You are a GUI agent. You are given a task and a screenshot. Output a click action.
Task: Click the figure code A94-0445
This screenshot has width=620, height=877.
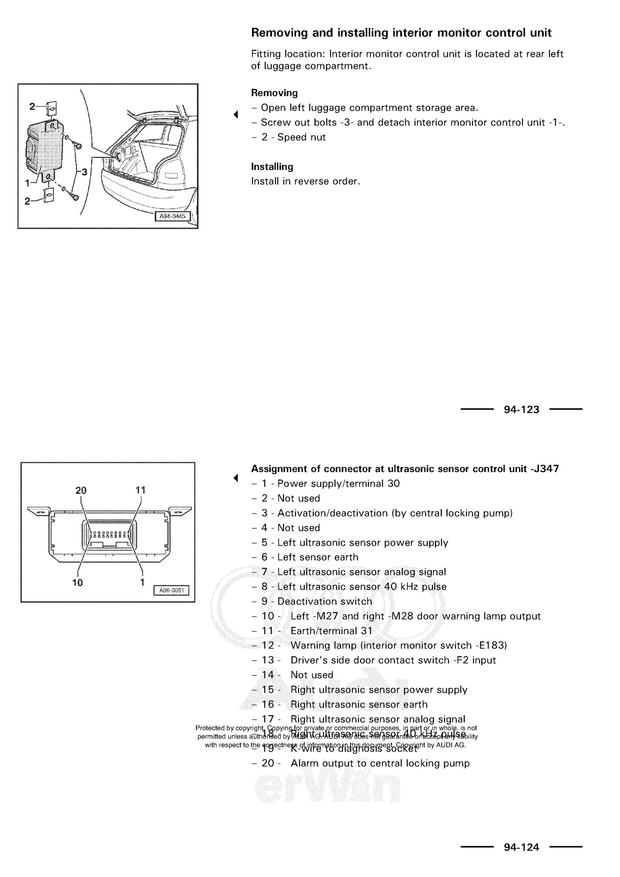[x=172, y=216]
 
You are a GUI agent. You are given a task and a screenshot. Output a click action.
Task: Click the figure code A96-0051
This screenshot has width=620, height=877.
[x=171, y=590]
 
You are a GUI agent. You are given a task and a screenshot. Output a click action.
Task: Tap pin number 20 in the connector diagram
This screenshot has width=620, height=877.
[x=81, y=491]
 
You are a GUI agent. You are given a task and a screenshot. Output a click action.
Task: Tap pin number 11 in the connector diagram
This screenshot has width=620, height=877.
[x=140, y=490]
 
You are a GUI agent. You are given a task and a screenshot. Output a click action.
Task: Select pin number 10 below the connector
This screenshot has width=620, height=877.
[x=77, y=583]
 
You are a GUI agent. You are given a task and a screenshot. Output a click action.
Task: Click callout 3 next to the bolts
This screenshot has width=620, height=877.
[x=84, y=172]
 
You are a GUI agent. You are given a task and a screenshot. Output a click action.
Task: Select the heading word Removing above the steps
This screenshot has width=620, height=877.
[x=274, y=93]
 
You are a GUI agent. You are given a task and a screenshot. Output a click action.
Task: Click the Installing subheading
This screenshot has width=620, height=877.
[x=272, y=167]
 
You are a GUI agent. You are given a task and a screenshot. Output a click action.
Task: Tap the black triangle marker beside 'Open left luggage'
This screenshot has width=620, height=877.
[x=236, y=114]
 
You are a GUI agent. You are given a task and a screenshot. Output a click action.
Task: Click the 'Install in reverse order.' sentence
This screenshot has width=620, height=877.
[x=305, y=181]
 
